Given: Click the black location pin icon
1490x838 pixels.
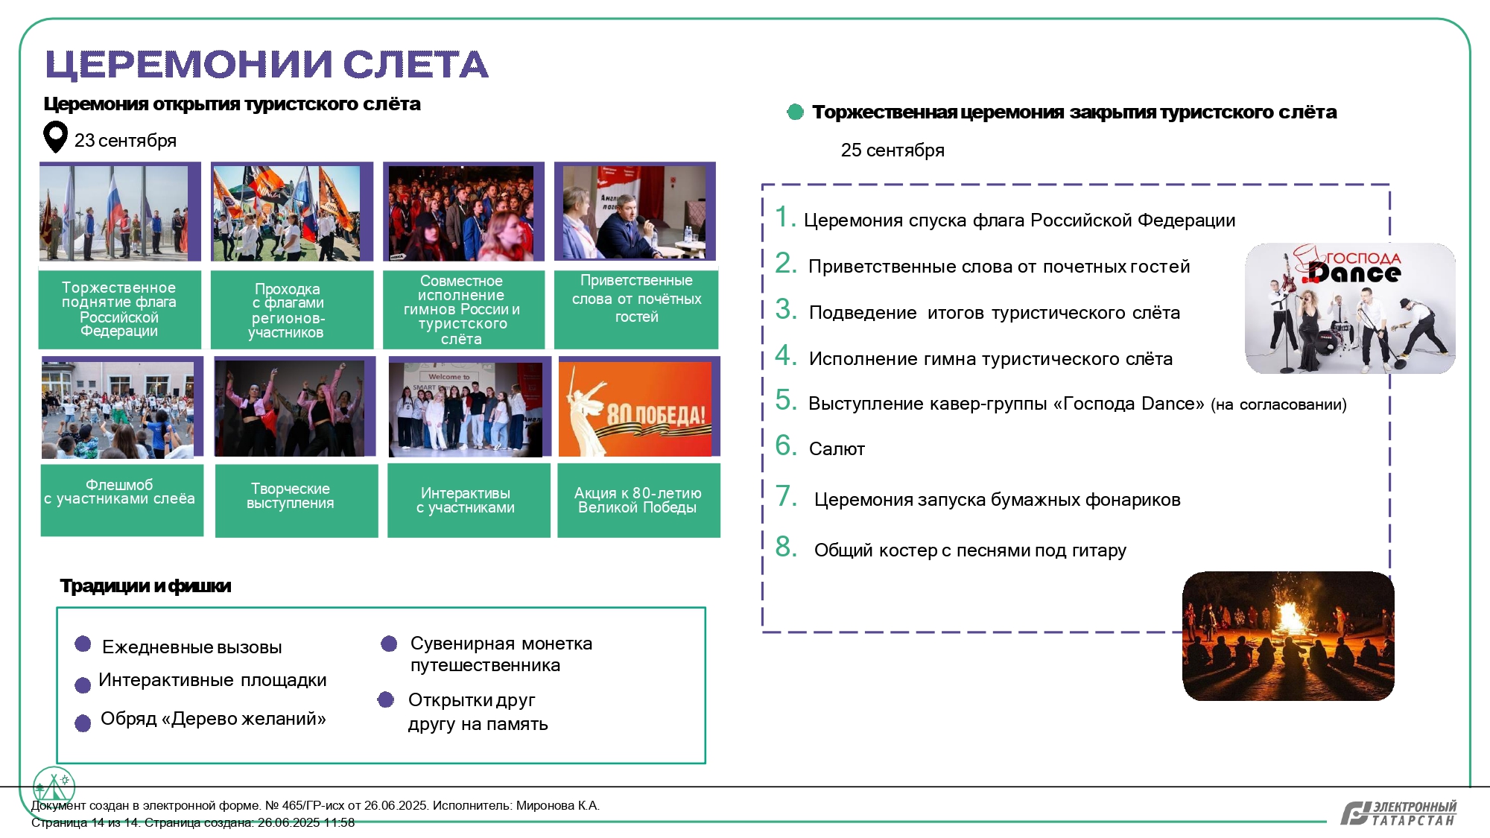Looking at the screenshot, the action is tap(56, 136).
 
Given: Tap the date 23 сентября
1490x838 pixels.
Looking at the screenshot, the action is tap(125, 141).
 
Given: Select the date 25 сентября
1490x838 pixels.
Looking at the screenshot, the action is tap(893, 150).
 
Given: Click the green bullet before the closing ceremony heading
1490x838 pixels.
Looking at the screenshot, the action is tap(796, 112).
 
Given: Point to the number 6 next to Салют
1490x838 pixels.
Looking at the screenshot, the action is tap(785, 445).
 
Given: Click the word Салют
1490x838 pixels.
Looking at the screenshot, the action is tap(837, 449).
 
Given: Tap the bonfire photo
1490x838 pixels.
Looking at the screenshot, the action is tap(1288, 635).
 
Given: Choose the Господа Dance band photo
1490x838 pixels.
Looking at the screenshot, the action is tap(1350, 308).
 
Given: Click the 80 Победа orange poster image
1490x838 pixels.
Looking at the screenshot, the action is tap(635, 409).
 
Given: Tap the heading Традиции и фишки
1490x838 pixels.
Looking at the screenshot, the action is tap(145, 586).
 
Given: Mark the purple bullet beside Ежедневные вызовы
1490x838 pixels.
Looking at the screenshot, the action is tap(83, 644).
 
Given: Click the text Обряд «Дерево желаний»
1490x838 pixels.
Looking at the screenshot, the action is tap(213, 719).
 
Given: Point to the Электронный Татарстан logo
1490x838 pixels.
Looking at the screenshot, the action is tap(1398, 813).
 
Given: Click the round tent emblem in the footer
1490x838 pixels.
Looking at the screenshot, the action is tap(54, 787).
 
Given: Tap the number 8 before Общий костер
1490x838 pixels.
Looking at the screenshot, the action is tap(786, 547).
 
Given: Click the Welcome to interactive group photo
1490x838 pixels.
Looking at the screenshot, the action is tap(466, 410).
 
